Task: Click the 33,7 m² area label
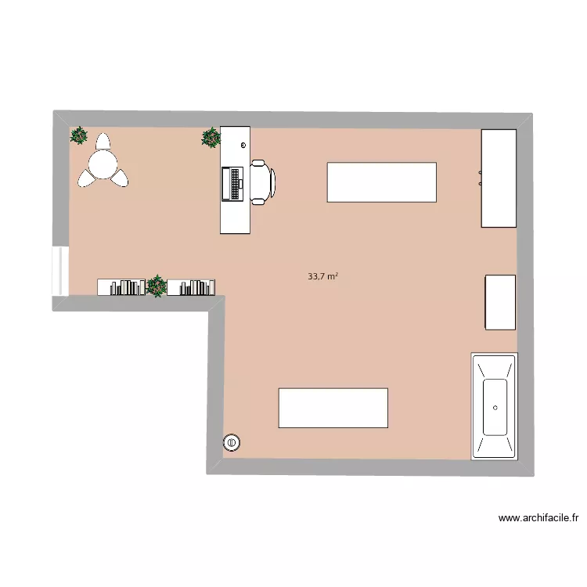click(x=322, y=276)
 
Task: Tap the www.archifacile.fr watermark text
click(x=538, y=518)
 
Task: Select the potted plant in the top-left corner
click(x=78, y=136)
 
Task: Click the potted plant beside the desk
click(x=211, y=138)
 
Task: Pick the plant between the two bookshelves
click(x=157, y=286)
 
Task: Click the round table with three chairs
click(x=103, y=164)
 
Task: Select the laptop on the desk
click(x=233, y=183)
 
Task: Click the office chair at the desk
click(x=263, y=182)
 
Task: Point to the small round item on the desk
click(x=243, y=146)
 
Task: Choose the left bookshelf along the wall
click(x=121, y=287)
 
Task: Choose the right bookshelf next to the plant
click(x=191, y=287)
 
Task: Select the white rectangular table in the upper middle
click(x=381, y=182)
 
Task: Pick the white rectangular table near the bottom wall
click(x=333, y=408)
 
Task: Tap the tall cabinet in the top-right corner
click(x=499, y=178)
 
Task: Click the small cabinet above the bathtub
click(x=500, y=302)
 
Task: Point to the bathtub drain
click(x=496, y=408)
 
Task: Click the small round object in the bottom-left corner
click(x=232, y=443)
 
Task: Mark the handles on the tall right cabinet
click(x=480, y=177)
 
